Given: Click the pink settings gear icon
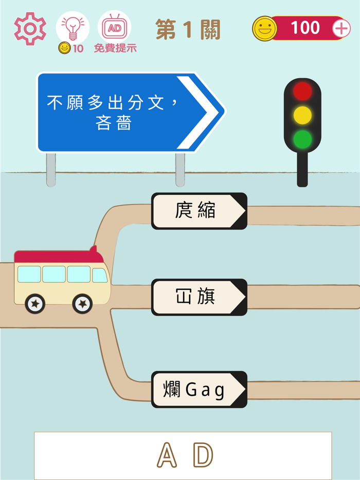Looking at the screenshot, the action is point(30,29).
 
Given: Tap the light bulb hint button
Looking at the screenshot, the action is point(72,27).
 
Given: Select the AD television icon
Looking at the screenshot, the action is point(114,27).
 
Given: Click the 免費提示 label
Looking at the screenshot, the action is point(115,49).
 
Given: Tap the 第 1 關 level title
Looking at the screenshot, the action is point(188,30).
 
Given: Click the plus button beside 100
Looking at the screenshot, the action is point(341,28).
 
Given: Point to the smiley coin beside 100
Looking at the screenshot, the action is point(264,29).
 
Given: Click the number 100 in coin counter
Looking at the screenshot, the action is point(305,28).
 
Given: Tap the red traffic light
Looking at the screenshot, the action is point(302,91).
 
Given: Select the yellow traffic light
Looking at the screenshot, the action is point(302,115).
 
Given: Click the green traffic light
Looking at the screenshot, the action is point(302,139).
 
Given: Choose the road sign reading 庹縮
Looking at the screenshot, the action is point(199,211).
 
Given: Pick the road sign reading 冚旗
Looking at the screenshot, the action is point(199,297).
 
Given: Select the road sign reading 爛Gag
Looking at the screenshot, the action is point(199,390).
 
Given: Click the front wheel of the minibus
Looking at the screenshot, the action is point(82,304).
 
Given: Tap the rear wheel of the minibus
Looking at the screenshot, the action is point(35,304).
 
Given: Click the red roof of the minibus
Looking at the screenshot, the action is point(57,256).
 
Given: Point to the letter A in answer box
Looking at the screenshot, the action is point(167,455).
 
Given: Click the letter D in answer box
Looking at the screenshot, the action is point(203,455).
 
